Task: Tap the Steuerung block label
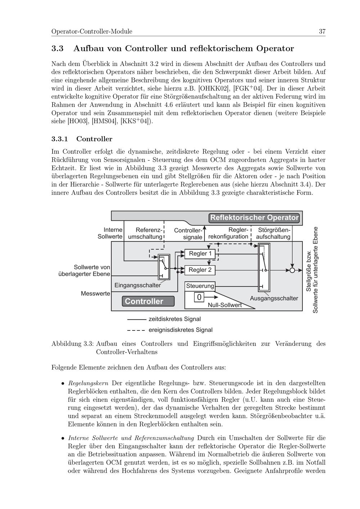200,286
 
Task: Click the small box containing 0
199,297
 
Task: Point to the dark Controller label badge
148,301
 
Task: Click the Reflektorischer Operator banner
254,218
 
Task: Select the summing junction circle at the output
292,270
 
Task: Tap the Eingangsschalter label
138,285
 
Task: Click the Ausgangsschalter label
274,298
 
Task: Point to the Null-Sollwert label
225,305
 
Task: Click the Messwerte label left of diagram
95,294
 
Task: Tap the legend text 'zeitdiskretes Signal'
175,319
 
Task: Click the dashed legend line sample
136,330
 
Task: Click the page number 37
322,32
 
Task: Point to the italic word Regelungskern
88,383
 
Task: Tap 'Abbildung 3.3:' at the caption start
73,344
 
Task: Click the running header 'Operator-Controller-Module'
92,32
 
